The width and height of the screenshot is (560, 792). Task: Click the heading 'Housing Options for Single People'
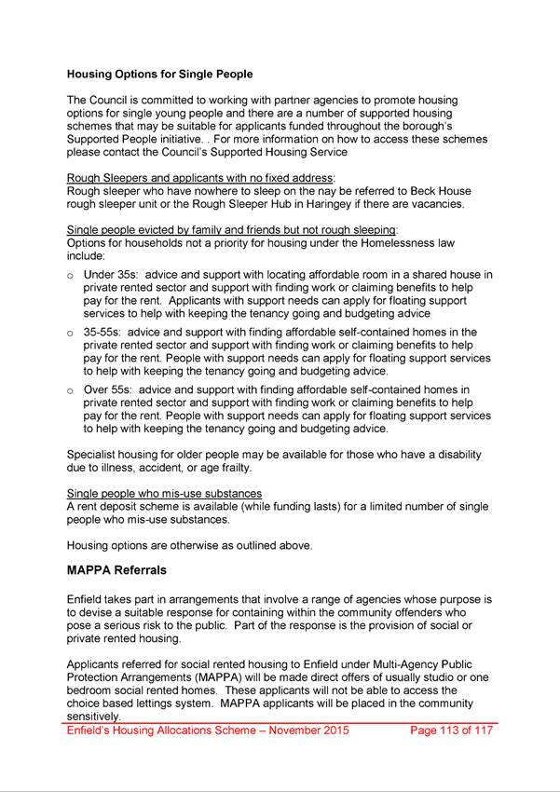point(159,73)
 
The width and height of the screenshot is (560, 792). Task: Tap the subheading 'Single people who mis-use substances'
point(164,493)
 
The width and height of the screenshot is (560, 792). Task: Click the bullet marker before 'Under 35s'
point(71,276)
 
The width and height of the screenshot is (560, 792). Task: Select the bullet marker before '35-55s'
point(71,331)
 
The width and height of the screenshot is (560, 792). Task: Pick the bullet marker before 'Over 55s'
point(71,389)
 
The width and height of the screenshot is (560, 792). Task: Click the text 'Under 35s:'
point(113,275)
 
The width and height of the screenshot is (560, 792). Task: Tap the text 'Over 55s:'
point(111,389)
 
